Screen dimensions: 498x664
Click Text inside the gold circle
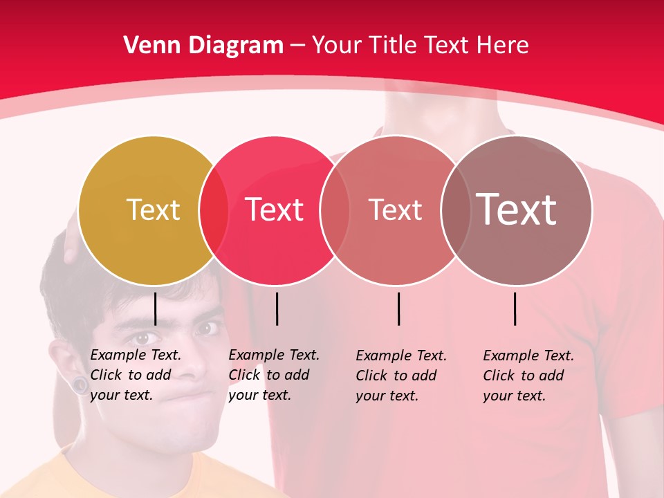pyautogui.click(x=153, y=210)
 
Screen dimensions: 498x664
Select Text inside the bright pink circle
pyautogui.click(x=275, y=210)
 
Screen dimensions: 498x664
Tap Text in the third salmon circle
pyautogui.click(x=395, y=210)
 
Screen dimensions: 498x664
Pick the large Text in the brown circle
pyautogui.click(x=516, y=209)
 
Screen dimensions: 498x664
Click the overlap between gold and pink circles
pyautogui.click(x=214, y=210)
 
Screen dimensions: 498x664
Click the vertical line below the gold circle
pyautogui.click(x=155, y=308)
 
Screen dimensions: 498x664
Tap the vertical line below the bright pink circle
pyautogui.click(x=277, y=308)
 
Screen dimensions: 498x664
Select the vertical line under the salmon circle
pyautogui.click(x=398, y=308)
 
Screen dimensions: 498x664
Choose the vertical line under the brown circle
pyautogui.click(x=515, y=308)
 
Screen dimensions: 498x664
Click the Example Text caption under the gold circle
pyautogui.click(x=135, y=375)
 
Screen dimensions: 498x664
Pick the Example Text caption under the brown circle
pyautogui.click(x=528, y=376)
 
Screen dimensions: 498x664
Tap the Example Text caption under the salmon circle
pyautogui.click(x=400, y=376)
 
